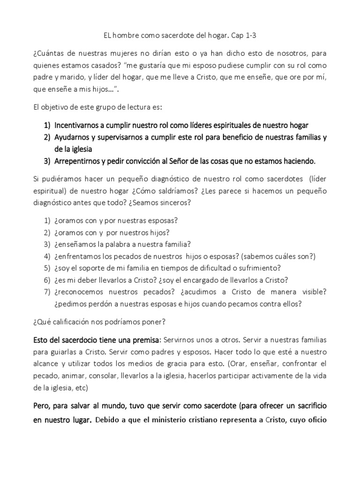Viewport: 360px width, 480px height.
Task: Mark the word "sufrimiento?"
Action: tap(258, 268)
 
